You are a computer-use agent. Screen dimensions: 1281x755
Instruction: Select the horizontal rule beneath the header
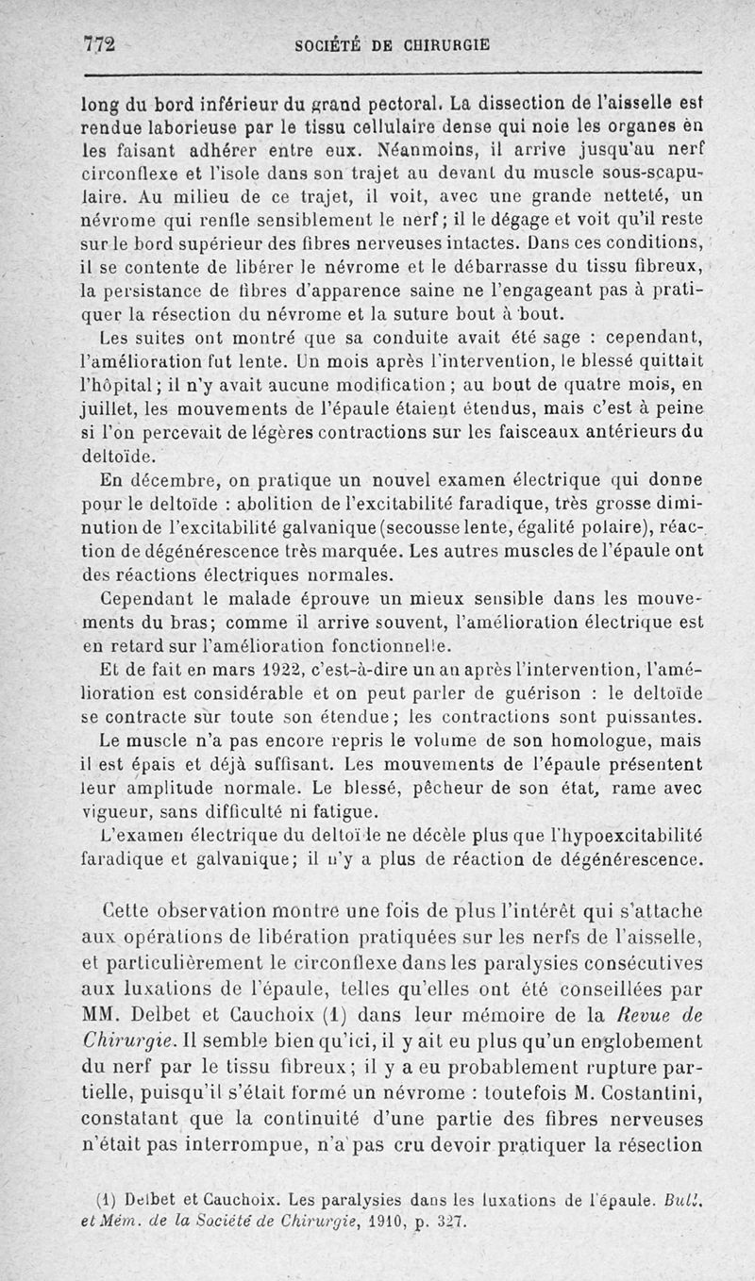[x=392, y=74]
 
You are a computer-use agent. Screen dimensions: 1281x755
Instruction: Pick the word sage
[x=540, y=339]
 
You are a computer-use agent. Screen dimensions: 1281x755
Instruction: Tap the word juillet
[x=103, y=408]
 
